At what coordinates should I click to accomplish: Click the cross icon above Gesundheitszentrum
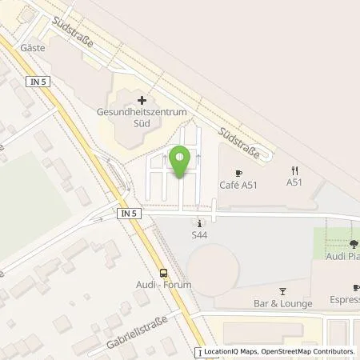click(x=142, y=100)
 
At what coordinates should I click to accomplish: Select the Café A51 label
click(x=238, y=185)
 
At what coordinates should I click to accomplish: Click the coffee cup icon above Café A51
click(x=238, y=171)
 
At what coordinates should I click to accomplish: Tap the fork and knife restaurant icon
click(x=294, y=170)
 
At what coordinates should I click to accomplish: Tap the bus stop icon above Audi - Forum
click(x=164, y=271)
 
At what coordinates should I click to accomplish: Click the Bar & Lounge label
click(x=282, y=305)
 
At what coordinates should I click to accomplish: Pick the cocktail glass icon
click(x=282, y=291)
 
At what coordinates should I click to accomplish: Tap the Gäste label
click(x=58, y=47)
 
